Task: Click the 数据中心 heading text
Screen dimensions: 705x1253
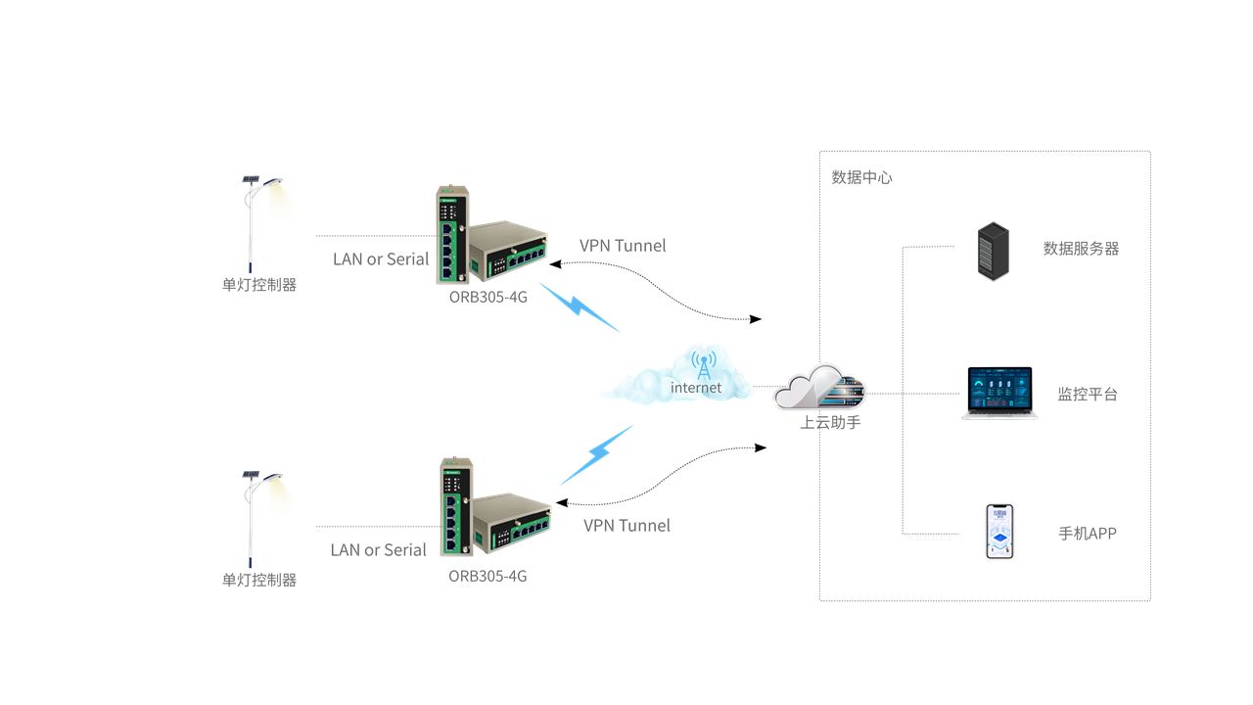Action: point(861,178)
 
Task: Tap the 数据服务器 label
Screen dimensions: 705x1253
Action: point(1081,249)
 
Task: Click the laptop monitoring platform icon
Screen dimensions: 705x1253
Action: point(999,393)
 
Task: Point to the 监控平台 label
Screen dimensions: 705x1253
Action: point(1087,395)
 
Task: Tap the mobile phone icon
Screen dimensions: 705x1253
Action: point(999,532)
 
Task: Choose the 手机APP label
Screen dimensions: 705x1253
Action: point(1087,534)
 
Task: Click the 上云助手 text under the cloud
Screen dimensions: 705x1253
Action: point(830,423)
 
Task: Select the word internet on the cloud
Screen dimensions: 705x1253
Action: point(696,388)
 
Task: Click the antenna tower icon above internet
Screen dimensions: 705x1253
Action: point(703,363)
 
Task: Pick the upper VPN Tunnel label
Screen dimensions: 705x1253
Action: point(623,246)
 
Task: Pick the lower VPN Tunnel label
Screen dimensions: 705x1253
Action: point(626,526)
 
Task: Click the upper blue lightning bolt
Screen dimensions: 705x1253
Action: point(580,307)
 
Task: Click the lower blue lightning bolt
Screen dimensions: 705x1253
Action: point(596,454)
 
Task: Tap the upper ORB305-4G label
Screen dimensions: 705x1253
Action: point(487,297)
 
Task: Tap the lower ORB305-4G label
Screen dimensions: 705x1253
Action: point(487,576)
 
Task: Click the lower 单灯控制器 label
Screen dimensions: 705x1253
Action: point(258,580)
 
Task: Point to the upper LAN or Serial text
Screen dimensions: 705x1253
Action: point(381,259)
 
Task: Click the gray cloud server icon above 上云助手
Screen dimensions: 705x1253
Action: point(820,389)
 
